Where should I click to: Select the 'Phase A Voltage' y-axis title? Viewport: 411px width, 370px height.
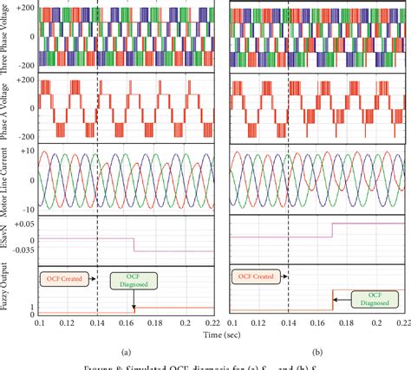coord(8,110)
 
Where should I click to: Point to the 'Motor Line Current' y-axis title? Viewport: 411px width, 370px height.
coord(8,182)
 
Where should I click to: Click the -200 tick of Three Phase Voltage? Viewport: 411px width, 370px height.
coord(26,65)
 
